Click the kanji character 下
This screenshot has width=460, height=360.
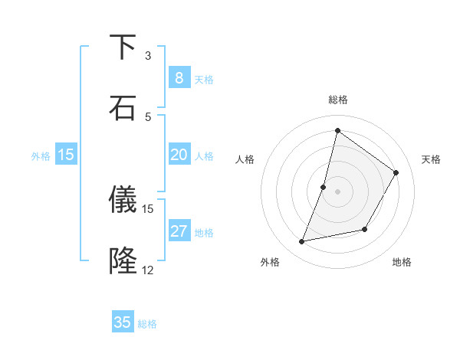pyautogui.click(x=123, y=47)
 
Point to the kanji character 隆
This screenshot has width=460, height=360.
pyautogui.click(x=123, y=260)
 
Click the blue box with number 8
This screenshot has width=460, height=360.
pyautogui.click(x=179, y=78)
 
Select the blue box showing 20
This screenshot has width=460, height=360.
pyautogui.click(x=179, y=155)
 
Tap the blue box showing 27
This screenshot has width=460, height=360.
pyautogui.click(x=179, y=231)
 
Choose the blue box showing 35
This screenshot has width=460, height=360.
pyautogui.click(x=123, y=322)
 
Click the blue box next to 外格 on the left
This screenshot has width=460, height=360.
pyautogui.click(x=66, y=155)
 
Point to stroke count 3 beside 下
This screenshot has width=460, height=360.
pyautogui.click(x=148, y=56)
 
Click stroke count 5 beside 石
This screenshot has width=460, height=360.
pyautogui.click(x=148, y=116)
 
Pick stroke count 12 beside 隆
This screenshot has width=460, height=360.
pyautogui.click(x=148, y=270)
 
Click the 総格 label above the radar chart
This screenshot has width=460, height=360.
pyautogui.click(x=337, y=100)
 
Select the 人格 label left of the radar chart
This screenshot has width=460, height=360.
pyautogui.click(x=245, y=159)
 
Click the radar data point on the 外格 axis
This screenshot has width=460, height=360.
pyautogui.click(x=302, y=242)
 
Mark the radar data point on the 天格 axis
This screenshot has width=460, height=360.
pyautogui.click(x=396, y=172)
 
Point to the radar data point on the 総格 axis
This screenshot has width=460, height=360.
pyautogui.click(x=337, y=130)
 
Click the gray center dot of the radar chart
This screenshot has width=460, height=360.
pyautogui.click(x=337, y=191)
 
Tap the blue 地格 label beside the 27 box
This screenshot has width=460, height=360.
pyautogui.click(x=205, y=233)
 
